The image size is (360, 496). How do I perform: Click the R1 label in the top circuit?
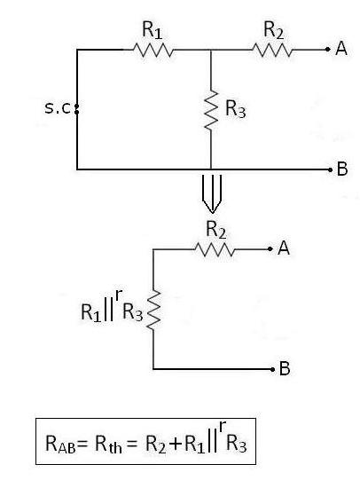(152, 30)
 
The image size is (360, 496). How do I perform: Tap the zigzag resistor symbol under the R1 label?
(152, 51)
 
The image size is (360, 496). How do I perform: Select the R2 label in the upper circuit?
(274, 30)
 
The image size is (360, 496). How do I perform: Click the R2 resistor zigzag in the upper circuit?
(273, 51)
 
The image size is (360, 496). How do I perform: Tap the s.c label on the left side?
(60, 109)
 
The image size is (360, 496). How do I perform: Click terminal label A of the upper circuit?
(340, 50)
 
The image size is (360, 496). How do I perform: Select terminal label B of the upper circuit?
(341, 169)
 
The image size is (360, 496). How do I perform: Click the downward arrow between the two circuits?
(210, 191)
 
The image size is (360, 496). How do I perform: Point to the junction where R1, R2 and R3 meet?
(210, 51)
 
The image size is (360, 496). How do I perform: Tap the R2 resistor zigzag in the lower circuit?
(215, 250)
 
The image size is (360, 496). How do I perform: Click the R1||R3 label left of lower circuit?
(111, 310)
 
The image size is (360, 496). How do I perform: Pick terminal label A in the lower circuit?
(284, 250)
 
